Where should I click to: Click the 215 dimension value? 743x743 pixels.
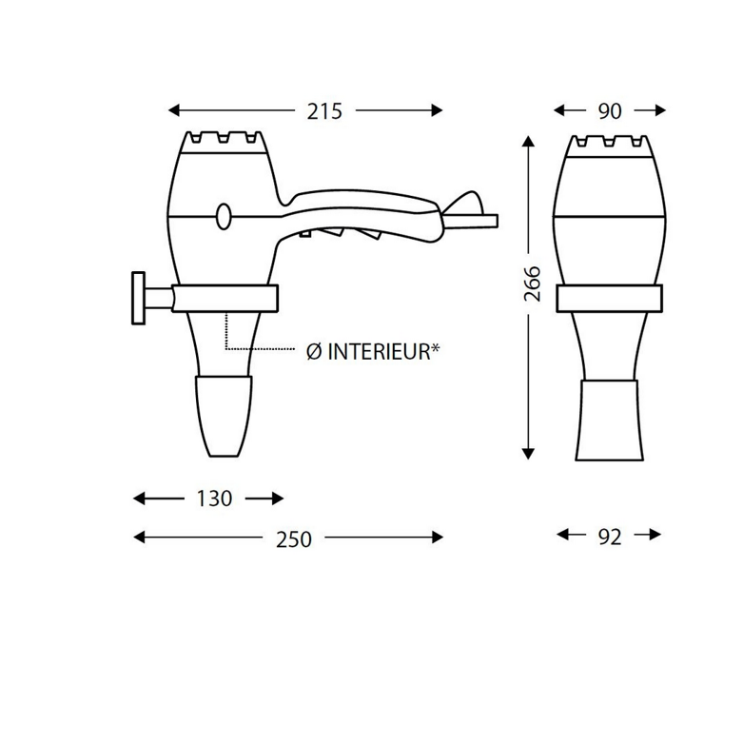point(324,111)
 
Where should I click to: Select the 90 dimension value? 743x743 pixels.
point(610,111)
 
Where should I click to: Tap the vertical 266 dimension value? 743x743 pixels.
point(533,284)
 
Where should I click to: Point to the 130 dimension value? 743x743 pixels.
point(214,499)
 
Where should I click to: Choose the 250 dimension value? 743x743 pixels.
point(294,539)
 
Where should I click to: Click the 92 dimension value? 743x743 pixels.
point(610,538)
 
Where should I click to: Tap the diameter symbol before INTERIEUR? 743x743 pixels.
point(314,352)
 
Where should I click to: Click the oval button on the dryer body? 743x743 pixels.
point(224,217)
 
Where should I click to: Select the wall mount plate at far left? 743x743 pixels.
point(138,298)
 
